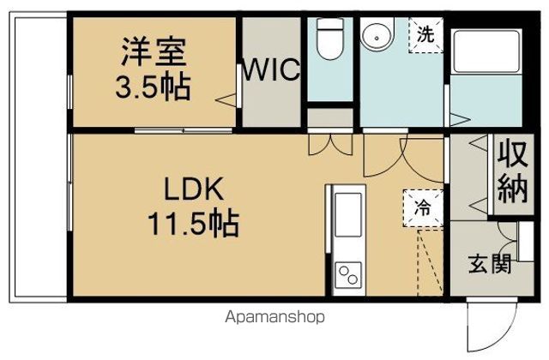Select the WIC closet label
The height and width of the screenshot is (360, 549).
(x=274, y=69)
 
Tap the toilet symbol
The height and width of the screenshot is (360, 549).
(x=329, y=39)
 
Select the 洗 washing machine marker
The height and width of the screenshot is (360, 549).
(x=425, y=35)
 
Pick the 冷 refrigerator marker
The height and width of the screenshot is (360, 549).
(x=422, y=205)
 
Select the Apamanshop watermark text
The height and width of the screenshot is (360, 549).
(x=274, y=317)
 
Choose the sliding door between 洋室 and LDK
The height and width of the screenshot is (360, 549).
(x=184, y=130)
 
